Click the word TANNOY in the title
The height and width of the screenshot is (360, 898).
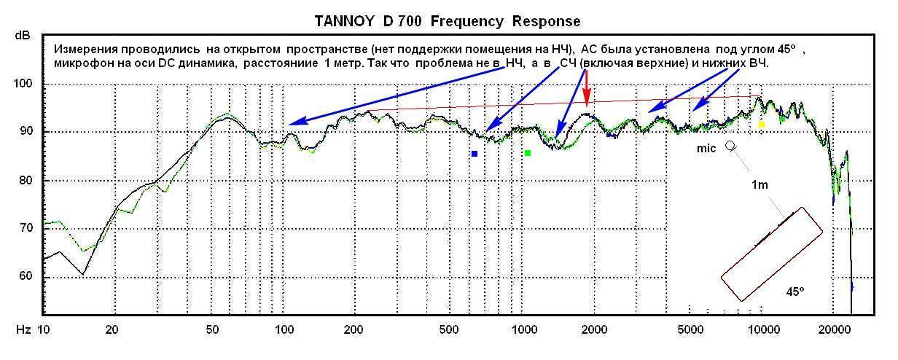point(345,21)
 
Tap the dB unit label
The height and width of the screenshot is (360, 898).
point(20,35)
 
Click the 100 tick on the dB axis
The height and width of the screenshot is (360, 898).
point(25,84)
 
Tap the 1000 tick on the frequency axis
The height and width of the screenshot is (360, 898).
point(523,330)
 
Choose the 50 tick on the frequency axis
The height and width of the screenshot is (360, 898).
point(211,330)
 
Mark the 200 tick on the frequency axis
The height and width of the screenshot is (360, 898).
point(354,330)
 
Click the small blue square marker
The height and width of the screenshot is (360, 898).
point(474,154)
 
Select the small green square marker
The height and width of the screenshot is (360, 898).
point(528,153)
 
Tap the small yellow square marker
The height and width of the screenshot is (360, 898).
point(761,125)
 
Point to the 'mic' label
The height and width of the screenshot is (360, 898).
point(706,148)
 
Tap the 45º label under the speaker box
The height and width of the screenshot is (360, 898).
point(795,291)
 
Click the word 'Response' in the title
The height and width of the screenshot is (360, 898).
point(545,21)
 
